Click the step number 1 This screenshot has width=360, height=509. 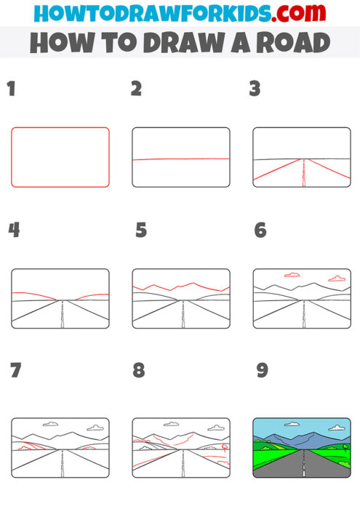[11, 90]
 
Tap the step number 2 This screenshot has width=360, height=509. [136, 90]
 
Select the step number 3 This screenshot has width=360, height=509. [255, 90]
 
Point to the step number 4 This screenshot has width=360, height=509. [14, 231]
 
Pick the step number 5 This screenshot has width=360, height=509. [141, 231]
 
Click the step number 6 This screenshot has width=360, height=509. [260, 231]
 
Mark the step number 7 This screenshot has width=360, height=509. [16, 370]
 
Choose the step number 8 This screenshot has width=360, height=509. [139, 370]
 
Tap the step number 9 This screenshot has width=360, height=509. [262, 370]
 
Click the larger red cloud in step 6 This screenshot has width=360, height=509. [337, 278]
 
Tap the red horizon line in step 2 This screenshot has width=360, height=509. [180, 159]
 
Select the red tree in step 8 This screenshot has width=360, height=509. [224, 448]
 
